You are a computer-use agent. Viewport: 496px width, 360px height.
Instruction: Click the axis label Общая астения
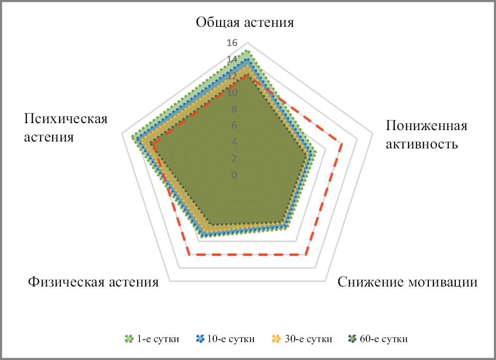pyautogui.click(x=245, y=23)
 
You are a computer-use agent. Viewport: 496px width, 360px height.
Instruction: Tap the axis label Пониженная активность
pyautogui.click(x=426, y=135)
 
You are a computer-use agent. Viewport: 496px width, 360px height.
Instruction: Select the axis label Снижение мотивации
pyautogui.click(x=408, y=282)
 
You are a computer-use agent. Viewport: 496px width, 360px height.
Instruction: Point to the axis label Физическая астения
pyautogui.click(x=93, y=282)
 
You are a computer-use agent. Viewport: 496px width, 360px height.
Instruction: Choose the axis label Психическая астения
pyautogui.click(x=66, y=128)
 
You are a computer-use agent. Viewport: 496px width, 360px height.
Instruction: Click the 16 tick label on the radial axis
pyautogui.click(x=232, y=43)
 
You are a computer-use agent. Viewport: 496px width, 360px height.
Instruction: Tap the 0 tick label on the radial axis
pyautogui.click(x=234, y=175)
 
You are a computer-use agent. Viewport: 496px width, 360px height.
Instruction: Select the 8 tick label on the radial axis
pyautogui.click(x=234, y=109)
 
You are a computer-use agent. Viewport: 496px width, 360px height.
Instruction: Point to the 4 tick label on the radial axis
pyautogui.click(x=234, y=142)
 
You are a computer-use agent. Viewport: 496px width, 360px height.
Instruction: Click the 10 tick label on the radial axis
pyautogui.click(x=232, y=93)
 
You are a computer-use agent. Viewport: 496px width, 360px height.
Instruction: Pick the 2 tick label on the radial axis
pyautogui.click(x=234, y=158)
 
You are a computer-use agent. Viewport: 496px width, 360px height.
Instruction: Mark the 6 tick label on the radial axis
pyautogui.click(x=234, y=126)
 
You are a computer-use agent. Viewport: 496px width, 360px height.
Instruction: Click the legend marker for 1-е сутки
pyautogui.click(x=129, y=339)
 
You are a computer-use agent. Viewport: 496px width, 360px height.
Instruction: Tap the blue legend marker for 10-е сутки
pyautogui.click(x=200, y=339)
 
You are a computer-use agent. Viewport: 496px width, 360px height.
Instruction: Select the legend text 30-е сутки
pyautogui.click(x=309, y=339)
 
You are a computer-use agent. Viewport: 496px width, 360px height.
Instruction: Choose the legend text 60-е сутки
pyautogui.click(x=384, y=339)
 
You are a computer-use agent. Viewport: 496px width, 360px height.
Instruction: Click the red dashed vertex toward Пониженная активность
pyautogui.click(x=342, y=144)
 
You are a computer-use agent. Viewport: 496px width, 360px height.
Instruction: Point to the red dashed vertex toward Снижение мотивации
pyautogui.click(x=306, y=254)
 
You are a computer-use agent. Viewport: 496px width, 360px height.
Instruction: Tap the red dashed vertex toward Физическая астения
pyautogui.click(x=189, y=254)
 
